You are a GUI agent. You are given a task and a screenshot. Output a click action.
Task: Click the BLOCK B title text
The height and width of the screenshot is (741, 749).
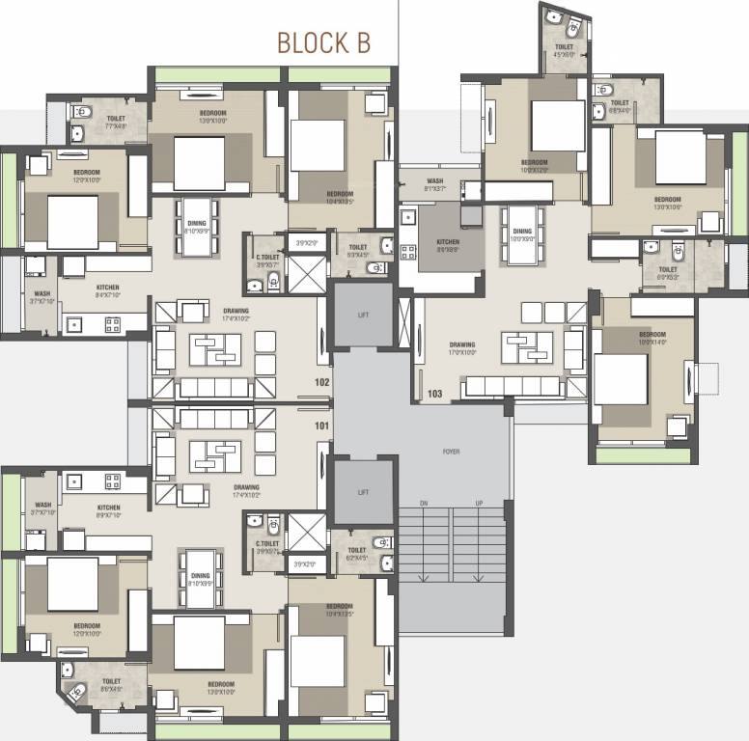click(x=323, y=42)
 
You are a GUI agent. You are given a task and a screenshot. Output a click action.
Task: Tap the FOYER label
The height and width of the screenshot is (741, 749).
click(x=451, y=452)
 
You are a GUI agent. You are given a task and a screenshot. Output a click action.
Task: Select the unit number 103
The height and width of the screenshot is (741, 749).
click(x=434, y=393)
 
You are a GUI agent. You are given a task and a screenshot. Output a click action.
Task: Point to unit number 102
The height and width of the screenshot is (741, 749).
click(x=321, y=382)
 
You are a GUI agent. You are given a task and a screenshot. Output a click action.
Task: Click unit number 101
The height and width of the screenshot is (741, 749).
click(x=321, y=425)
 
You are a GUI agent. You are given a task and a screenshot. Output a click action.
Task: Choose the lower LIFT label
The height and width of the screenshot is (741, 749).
click(x=363, y=492)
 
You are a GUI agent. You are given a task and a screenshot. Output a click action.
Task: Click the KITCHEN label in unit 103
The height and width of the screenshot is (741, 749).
click(x=447, y=242)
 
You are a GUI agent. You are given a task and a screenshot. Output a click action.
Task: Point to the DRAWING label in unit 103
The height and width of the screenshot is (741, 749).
click(x=462, y=344)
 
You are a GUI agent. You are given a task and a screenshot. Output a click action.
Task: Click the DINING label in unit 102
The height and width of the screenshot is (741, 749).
click(x=197, y=224)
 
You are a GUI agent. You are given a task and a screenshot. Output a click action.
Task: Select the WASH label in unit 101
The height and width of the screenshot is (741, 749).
click(x=42, y=505)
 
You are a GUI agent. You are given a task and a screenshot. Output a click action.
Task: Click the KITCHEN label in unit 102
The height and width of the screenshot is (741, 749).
click(x=107, y=288)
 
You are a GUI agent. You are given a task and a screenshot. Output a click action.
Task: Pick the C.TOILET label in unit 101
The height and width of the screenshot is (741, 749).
click(x=267, y=543)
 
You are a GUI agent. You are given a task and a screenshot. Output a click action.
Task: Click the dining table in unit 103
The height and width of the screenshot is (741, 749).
click(x=522, y=234)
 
